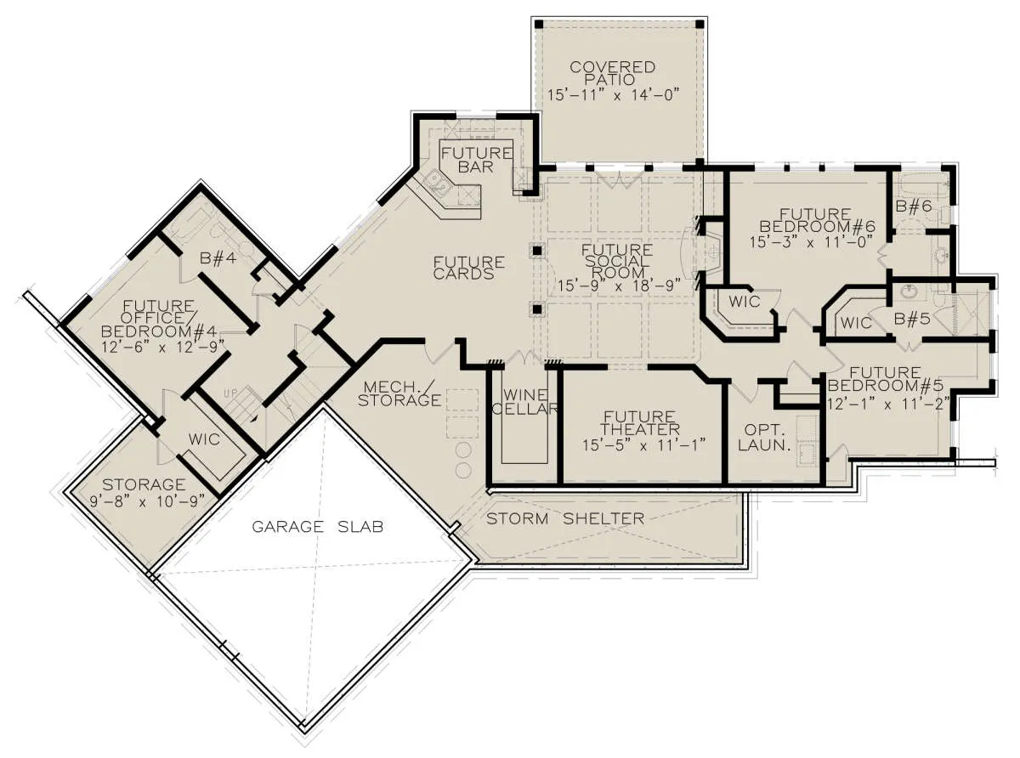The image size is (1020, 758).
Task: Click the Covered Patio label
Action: pyautogui.click(x=613, y=73)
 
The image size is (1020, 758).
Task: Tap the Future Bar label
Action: pyautogui.click(x=477, y=160)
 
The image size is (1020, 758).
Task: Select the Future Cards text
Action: pyautogui.click(x=469, y=269)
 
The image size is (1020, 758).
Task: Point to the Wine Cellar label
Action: pyautogui.click(x=525, y=402)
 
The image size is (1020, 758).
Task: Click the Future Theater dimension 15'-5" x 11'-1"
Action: pyautogui.click(x=643, y=445)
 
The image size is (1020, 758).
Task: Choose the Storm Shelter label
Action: pyautogui.click(x=565, y=519)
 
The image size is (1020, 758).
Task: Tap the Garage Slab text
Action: pyautogui.click(x=318, y=527)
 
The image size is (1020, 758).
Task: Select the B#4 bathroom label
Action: pyautogui.click(x=218, y=258)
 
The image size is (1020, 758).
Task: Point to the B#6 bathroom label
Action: pyautogui.click(x=914, y=206)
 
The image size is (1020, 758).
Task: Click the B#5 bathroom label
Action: pyautogui.click(x=912, y=319)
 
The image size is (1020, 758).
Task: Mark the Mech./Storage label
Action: pyautogui.click(x=399, y=393)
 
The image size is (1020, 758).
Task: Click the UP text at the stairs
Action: pyautogui.click(x=231, y=393)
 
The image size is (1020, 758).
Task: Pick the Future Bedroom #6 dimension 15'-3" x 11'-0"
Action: pyautogui.click(x=811, y=242)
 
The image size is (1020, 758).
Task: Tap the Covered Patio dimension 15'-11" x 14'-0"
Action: pyautogui.click(x=614, y=95)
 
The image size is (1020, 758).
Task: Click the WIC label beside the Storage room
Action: pyautogui.click(x=204, y=439)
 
